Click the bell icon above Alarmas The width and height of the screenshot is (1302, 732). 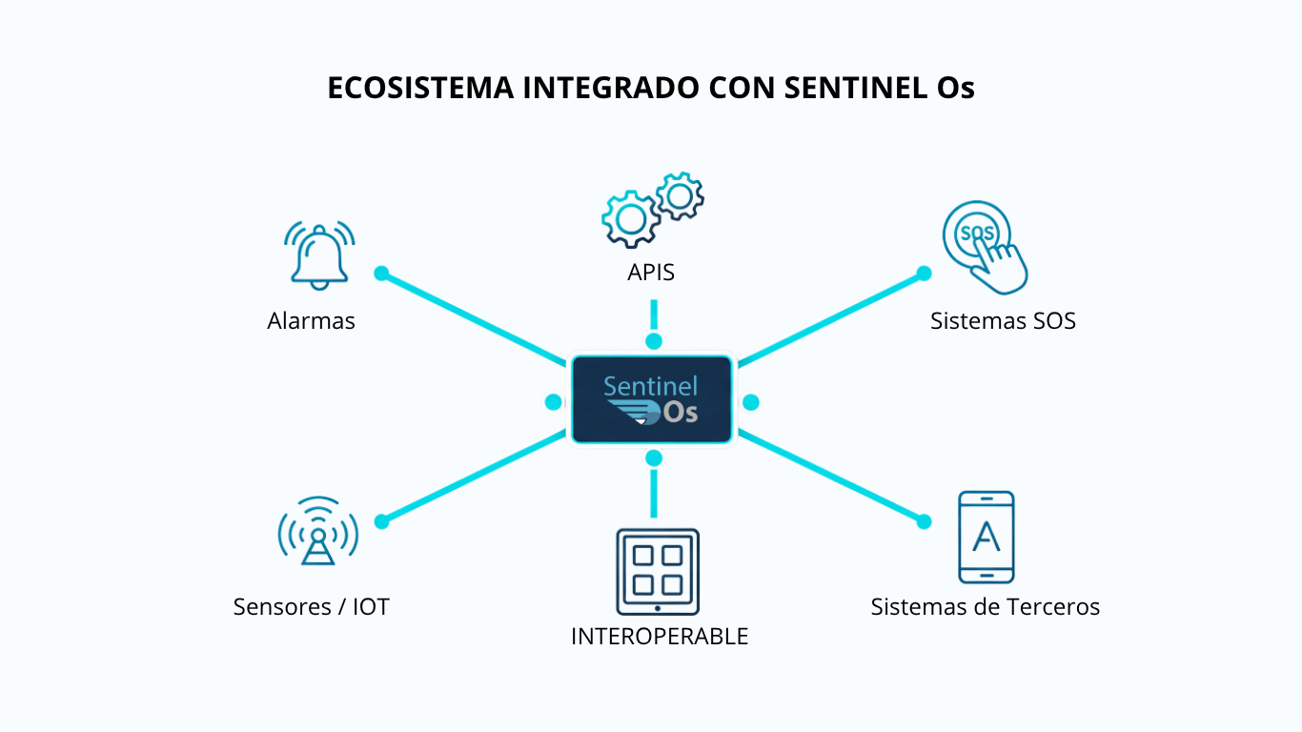click(319, 254)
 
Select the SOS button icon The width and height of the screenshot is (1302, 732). click(983, 245)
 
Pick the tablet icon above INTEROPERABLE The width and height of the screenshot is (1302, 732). click(657, 571)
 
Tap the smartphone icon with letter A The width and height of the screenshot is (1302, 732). click(986, 537)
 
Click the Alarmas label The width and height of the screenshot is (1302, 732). click(311, 321)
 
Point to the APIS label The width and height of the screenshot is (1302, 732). click(651, 273)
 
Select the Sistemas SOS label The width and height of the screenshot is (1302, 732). click(1003, 321)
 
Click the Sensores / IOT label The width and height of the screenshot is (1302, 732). click(311, 607)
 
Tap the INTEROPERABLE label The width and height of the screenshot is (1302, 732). click(660, 637)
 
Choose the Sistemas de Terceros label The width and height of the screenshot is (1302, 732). click(985, 607)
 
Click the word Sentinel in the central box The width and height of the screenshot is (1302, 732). click(650, 386)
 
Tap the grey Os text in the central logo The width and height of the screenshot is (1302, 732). click(681, 413)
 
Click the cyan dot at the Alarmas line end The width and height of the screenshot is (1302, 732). click(381, 274)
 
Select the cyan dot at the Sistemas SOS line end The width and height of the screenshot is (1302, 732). click(924, 274)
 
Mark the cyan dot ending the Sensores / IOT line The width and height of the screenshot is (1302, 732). click(381, 521)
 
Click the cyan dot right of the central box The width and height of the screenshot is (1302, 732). click(750, 402)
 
